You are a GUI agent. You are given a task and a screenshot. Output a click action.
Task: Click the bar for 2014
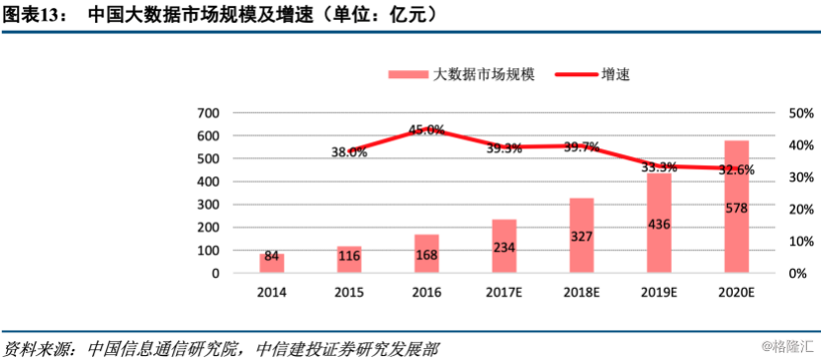pos(272,263)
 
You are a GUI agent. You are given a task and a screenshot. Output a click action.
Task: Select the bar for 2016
pos(426,253)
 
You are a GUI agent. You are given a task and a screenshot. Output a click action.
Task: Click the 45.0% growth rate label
pos(427,130)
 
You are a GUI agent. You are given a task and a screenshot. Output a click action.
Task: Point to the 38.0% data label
pos(349,152)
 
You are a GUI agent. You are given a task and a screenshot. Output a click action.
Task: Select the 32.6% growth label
pos(736,169)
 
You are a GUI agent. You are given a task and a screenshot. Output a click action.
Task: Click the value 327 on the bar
pos(582,236)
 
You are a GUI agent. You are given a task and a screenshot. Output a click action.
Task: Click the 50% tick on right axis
pos(800,113)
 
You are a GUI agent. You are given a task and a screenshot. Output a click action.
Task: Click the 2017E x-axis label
pos(504,294)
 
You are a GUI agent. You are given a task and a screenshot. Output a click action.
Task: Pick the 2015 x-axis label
pos(349,294)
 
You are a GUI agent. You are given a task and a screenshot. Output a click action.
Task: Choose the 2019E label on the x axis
pos(659,294)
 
